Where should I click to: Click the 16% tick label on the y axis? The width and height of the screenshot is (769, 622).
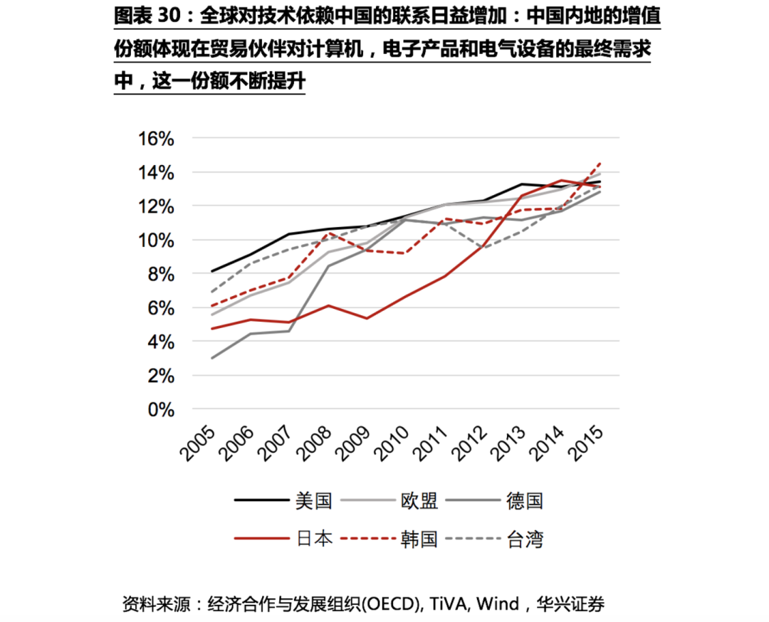coord(156,139)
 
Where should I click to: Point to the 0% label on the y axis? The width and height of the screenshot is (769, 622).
coord(161,410)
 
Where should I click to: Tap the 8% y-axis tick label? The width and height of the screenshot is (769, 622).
coord(161,275)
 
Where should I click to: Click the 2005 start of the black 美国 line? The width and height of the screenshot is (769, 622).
coord(211,271)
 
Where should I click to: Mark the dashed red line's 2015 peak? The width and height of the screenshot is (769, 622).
coord(600,163)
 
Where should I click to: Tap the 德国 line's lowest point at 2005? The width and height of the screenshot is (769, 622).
coord(211,358)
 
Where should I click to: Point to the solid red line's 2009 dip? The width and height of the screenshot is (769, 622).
coord(367,318)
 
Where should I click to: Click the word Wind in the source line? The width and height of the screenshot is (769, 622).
coord(498,605)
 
